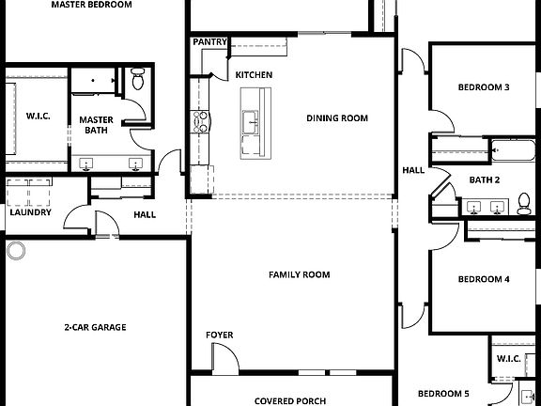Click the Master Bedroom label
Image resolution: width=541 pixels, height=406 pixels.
click(x=91, y=5)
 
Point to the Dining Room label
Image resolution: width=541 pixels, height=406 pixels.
click(x=337, y=118)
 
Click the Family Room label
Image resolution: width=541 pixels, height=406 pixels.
click(x=299, y=274)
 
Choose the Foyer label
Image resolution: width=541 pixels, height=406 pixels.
click(x=220, y=335)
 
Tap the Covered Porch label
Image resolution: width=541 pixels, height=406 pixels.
click(x=290, y=400)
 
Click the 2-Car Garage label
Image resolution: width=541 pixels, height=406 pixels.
click(x=95, y=327)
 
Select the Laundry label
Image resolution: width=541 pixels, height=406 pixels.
click(x=30, y=212)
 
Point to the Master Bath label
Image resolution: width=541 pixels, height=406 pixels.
click(x=96, y=125)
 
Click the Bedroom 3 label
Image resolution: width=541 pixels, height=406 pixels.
click(x=484, y=88)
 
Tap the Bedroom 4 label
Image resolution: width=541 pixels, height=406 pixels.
click(x=484, y=279)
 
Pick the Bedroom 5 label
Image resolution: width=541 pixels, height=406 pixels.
click(x=443, y=393)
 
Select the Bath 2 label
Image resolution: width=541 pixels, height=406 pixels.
click(x=484, y=180)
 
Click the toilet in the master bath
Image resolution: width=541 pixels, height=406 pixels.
click(x=138, y=79)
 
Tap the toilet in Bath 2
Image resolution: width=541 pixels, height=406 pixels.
click(x=522, y=204)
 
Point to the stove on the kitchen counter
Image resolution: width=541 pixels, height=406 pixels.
click(x=199, y=119)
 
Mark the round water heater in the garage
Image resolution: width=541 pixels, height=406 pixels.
click(x=16, y=250)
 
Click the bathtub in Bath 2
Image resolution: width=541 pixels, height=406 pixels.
click(x=512, y=150)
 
